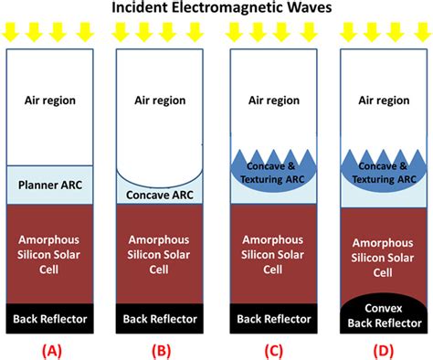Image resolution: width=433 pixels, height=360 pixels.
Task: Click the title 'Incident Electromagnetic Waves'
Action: pyautogui.click(x=216, y=8)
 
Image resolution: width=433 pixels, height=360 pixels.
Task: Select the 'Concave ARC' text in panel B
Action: pyautogui.click(x=159, y=195)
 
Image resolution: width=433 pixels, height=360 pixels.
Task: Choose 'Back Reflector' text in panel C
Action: pyautogui.click(x=269, y=318)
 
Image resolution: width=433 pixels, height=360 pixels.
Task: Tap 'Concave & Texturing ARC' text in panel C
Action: pyautogui.click(x=269, y=173)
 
